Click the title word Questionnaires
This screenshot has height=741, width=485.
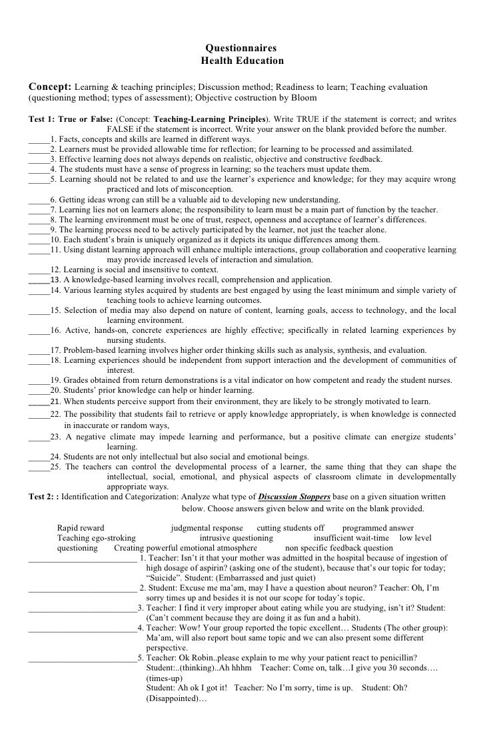coord(241,48)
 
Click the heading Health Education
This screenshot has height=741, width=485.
coord(241,61)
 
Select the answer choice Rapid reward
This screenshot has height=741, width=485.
coord(81,528)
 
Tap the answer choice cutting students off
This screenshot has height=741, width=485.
coord(290,528)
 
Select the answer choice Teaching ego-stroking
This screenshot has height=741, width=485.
coord(97,538)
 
